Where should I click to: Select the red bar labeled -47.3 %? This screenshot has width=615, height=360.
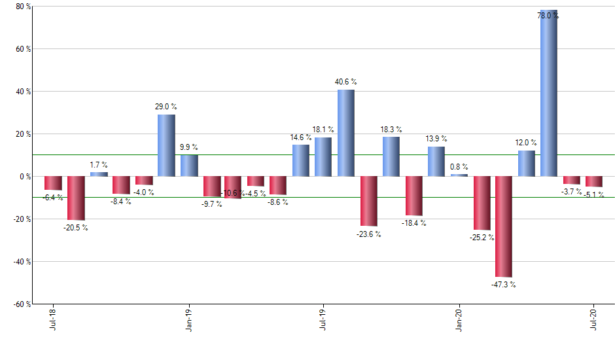pyautogui.click(x=504, y=226)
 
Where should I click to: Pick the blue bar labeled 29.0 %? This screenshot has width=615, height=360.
pyautogui.click(x=166, y=145)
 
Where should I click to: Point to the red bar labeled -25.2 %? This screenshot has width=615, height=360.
pyautogui.click(x=481, y=203)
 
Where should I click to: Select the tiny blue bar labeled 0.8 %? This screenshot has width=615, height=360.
pyautogui.click(x=459, y=175)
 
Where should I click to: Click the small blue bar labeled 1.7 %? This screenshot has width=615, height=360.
pyautogui.click(x=99, y=174)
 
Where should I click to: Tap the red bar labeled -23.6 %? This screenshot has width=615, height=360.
pyautogui.click(x=368, y=201)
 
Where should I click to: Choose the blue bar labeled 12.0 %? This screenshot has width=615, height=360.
pyautogui.click(x=526, y=164)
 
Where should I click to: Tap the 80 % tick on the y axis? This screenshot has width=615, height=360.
pyautogui.click(x=24, y=7)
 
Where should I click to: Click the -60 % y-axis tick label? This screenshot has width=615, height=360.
pyautogui.click(x=22, y=304)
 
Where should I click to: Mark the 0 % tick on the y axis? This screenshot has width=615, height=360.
pyautogui.click(x=26, y=177)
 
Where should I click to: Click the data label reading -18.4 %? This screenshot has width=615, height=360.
pyautogui.click(x=413, y=223)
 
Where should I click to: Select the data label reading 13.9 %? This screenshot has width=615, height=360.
pyautogui.click(x=436, y=139)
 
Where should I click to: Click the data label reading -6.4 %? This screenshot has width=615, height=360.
pyautogui.click(x=53, y=197)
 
